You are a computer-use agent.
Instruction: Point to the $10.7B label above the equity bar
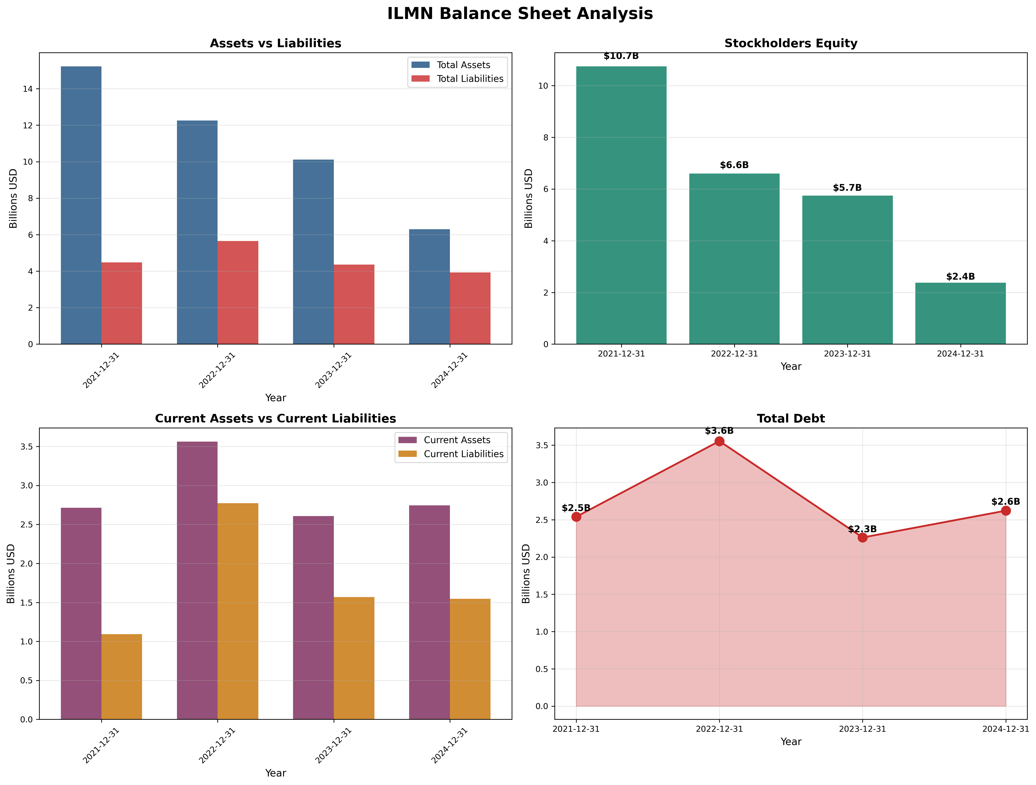coord(621,56)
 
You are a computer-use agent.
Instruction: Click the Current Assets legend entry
coord(444,440)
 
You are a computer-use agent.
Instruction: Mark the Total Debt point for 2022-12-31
coord(719,441)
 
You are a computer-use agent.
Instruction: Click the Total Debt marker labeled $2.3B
coord(862,537)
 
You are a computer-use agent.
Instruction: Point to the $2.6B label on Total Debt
coord(1005,502)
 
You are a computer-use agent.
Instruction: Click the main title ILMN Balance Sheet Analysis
coord(520,14)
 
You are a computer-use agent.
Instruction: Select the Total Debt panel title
coord(791,418)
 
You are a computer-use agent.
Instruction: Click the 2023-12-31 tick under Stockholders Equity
coord(847,354)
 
